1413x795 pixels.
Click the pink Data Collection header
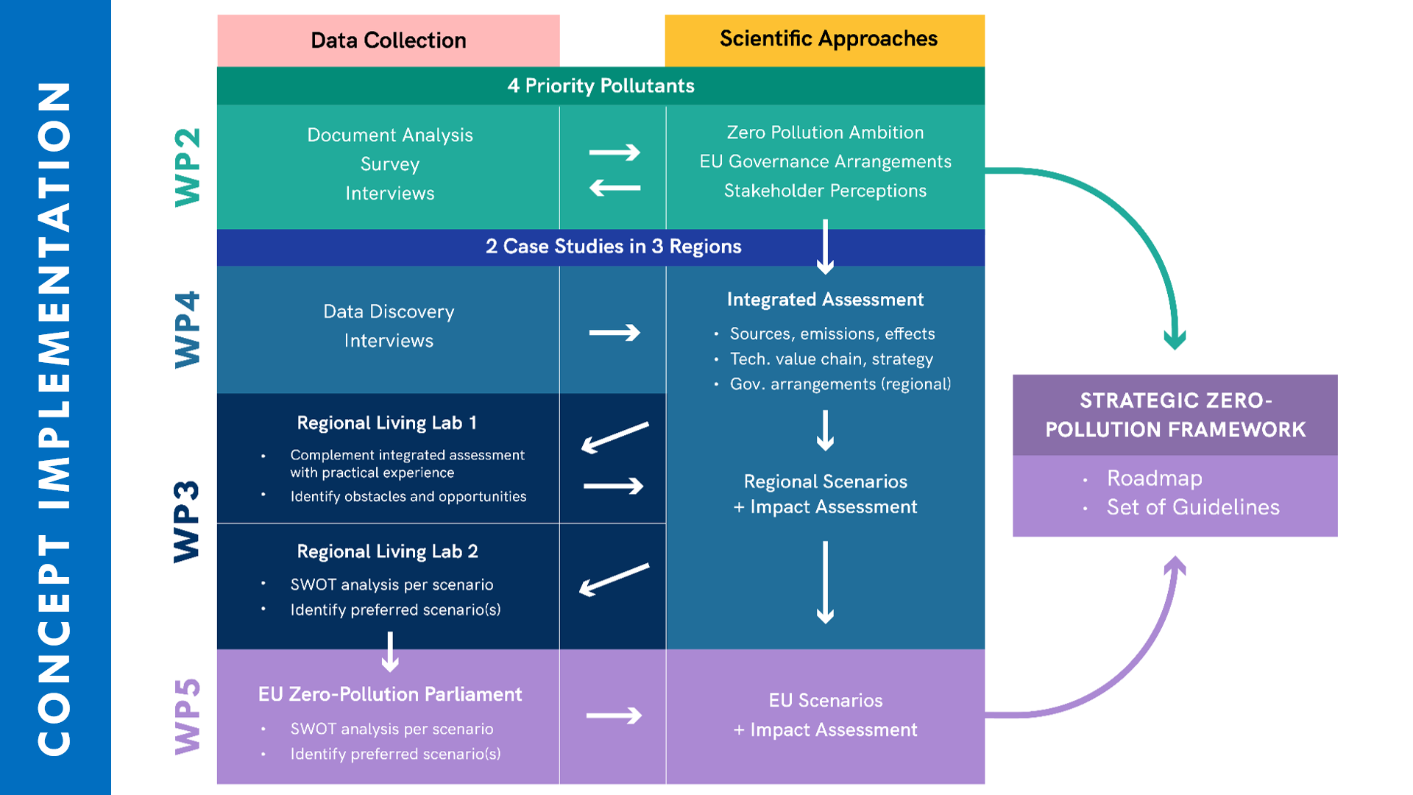point(388,40)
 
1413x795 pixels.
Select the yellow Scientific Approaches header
point(828,39)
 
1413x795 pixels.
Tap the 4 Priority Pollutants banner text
point(601,86)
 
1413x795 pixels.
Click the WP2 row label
point(188,167)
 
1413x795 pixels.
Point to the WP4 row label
point(188,329)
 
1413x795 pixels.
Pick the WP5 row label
point(188,716)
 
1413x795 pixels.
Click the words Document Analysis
point(389,135)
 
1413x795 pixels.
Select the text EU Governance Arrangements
point(825,162)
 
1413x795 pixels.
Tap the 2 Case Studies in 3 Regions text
point(613,247)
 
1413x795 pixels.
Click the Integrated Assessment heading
point(825,300)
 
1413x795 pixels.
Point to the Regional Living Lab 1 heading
point(386,423)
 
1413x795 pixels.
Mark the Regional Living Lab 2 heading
point(387,552)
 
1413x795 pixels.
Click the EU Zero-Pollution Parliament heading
point(389,695)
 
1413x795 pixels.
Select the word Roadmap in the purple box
point(1154,478)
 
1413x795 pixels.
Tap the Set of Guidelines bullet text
point(1192,508)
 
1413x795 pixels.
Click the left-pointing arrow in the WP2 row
point(615,188)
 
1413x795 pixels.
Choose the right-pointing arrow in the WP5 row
point(614,715)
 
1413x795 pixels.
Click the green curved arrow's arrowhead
point(1175,340)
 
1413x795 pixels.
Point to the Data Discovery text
point(389,312)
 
